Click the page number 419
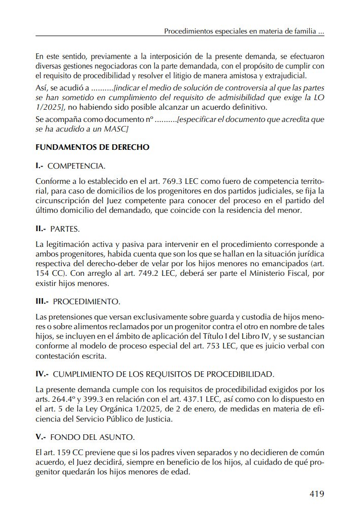tap(316, 494)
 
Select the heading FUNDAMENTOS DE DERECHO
tap(92, 148)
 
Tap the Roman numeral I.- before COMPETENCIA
tap(41, 166)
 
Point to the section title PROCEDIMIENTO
tap(86, 301)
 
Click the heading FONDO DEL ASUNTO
tap(93, 437)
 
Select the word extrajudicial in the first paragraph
tap(284, 76)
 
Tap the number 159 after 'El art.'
tap(64, 453)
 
